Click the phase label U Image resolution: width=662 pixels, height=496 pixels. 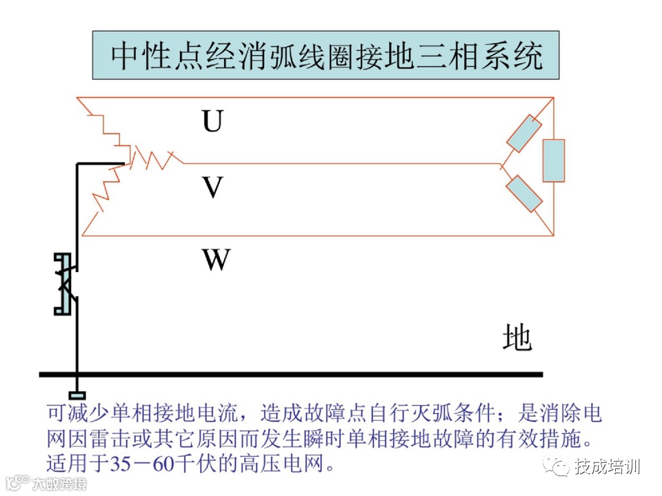pyautogui.click(x=212, y=122)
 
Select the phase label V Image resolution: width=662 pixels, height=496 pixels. pyautogui.click(x=212, y=187)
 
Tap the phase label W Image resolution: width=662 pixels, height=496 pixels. pyautogui.click(x=215, y=260)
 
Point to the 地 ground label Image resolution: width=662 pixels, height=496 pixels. pyautogui.click(x=516, y=338)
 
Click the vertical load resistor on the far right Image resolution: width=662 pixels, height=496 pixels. pyautogui.click(x=553, y=161)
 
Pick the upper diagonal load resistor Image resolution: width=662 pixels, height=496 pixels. pyautogui.click(x=525, y=134)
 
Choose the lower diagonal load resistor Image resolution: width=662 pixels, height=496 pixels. pyautogui.click(x=525, y=194)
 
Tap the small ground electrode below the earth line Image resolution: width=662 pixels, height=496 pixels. pyautogui.click(x=77, y=395)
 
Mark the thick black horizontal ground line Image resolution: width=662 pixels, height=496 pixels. pyautogui.click(x=290, y=375)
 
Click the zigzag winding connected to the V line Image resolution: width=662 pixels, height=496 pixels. pyautogui.click(x=156, y=159)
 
